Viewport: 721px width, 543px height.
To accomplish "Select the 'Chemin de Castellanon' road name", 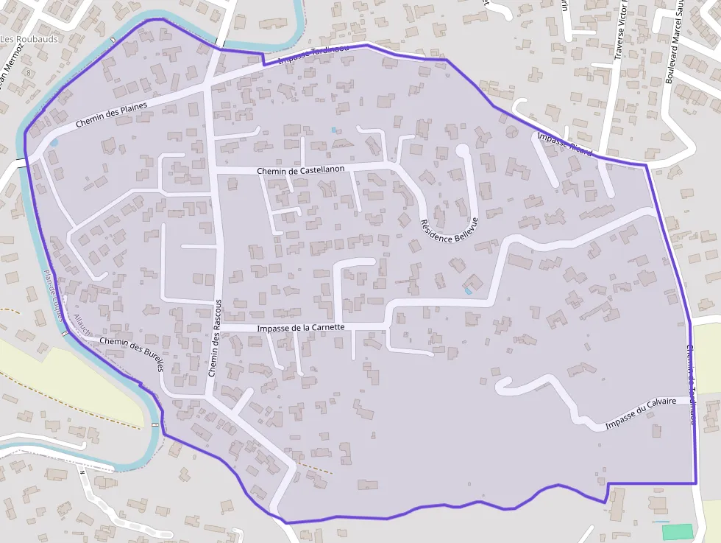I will (301, 170).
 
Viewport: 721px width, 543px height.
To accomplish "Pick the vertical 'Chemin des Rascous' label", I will (214, 339).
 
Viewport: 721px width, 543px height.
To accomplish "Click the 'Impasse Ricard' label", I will (564, 143).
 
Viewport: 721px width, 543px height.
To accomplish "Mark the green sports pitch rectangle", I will (677, 531).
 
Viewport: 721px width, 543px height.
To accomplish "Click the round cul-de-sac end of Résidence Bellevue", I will (463, 150).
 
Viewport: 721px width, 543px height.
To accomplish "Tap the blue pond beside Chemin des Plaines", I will (53, 141).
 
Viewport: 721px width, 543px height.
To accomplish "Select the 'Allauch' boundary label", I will (81, 325).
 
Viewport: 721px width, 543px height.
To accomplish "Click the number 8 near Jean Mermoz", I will (29, 73).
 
